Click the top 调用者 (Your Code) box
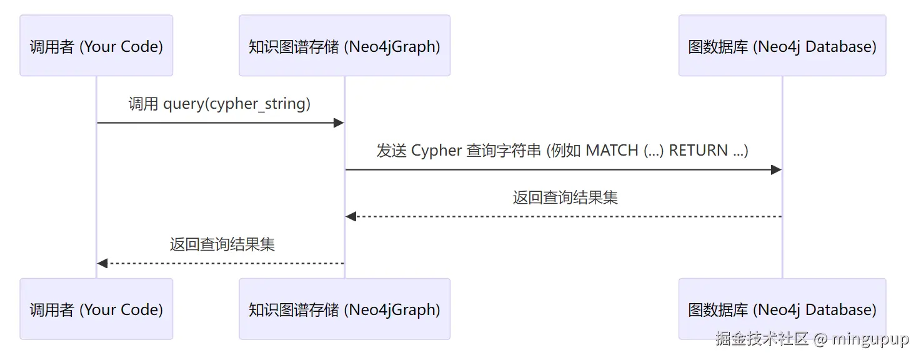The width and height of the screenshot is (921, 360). pyautogui.click(x=96, y=46)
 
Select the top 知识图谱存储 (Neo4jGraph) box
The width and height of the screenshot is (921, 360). pyautogui.click(x=344, y=46)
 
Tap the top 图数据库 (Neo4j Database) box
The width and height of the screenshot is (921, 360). pyautogui.click(x=782, y=46)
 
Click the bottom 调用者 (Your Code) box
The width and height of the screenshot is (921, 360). pyautogui.click(x=96, y=309)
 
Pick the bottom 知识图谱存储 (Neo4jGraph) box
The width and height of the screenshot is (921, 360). pyautogui.click(x=344, y=309)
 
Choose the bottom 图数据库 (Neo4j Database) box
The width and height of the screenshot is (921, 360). pyautogui.click(x=782, y=309)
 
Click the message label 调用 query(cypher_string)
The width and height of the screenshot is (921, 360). pyautogui.click(x=219, y=104)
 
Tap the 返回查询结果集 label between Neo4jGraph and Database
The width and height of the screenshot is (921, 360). pyautogui.click(x=565, y=197)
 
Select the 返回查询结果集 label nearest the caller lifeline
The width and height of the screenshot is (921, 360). pyautogui.click(x=222, y=244)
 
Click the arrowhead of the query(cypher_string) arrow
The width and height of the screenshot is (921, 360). pyautogui.click(x=339, y=122)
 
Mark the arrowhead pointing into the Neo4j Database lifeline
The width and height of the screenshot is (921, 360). pyautogui.click(x=776, y=169)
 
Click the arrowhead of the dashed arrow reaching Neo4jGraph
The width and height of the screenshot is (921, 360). pyautogui.click(x=351, y=216)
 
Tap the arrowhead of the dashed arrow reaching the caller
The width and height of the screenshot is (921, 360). pyautogui.click(x=102, y=263)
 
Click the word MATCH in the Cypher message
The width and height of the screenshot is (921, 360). pyautogui.click(x=612, y=151)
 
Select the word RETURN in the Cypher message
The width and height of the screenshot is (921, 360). pyautogui.click(x=698, y=151)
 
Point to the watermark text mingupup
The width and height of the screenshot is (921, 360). pyautogui.click(x=870, y=339)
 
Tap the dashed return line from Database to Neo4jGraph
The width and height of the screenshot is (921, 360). pyautogui.click(x=564, y=216)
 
